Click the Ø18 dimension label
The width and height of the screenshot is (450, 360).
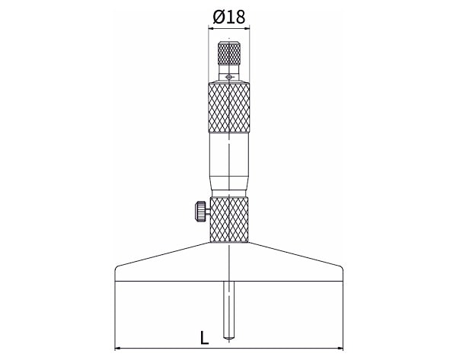(229, 18)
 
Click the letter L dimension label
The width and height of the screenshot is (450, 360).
(204, 338)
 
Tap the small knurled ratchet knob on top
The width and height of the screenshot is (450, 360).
(229, 53)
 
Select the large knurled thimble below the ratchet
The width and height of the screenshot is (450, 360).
(229, 107)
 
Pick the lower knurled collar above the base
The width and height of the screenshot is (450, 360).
(229, 219)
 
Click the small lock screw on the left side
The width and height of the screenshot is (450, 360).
(202, 212)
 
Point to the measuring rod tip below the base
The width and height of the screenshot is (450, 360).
(228, 339)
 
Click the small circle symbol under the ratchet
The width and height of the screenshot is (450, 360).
(228, 77)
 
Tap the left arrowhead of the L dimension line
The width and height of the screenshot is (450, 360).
(117, 349)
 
